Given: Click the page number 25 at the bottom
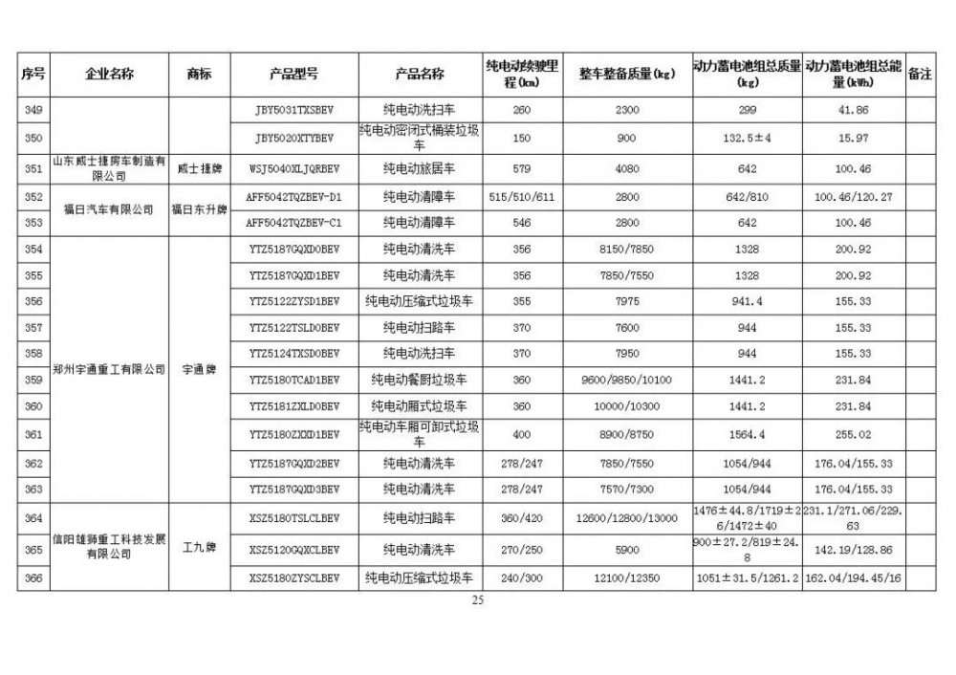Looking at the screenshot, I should tap(478, 600).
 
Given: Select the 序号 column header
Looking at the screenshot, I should tap(33, 75).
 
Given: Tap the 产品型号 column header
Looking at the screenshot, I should tap(294, 75).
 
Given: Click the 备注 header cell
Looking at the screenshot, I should tap(919, 75).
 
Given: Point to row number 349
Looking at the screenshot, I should tap(33, 111).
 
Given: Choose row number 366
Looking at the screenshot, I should tap(33, 578).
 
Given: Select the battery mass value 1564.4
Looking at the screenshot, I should tap(749, 434).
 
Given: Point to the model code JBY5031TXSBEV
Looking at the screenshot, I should tap(294, 111).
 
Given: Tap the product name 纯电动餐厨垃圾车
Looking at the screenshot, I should tap(420, 380).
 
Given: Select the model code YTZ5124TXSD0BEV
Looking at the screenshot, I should tap(294, 353).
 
